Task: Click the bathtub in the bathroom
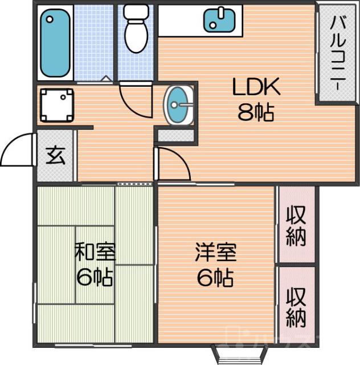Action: pos(55,44)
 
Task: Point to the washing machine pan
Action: pos(57,104)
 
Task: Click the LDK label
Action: pos(256,87)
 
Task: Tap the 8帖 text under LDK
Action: pos(256,113)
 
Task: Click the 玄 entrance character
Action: pos(55,155)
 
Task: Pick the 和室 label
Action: pos(95,252)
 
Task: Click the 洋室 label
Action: pos(215,252)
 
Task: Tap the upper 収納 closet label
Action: pos(296,225)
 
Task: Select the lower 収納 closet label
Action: pos(296,306)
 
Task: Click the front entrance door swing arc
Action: pos(17,149)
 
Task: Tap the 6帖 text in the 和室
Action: pos(95,278)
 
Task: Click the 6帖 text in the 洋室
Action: pos(215,278)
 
